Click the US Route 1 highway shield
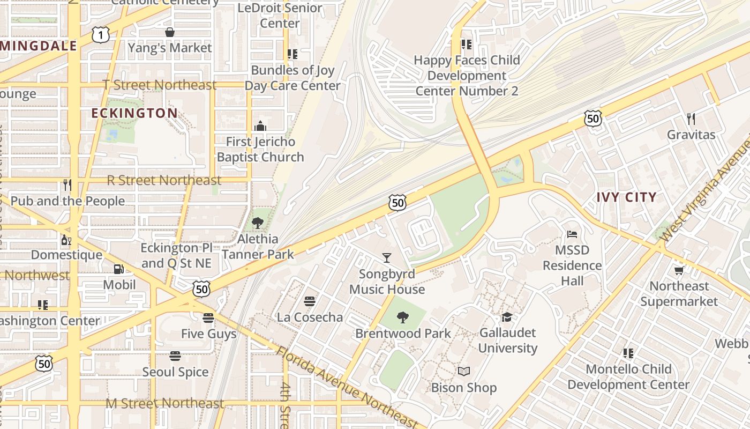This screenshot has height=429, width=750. [100, 35]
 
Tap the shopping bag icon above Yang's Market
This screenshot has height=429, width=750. [170, 32]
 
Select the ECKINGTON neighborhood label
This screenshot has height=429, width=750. [134, 113]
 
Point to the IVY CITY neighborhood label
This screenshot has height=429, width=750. [626, 197]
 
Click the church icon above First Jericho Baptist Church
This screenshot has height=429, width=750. [260, 126]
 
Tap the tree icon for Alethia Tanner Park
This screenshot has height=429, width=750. [258, 223]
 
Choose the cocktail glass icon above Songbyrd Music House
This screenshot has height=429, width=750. [387, 258]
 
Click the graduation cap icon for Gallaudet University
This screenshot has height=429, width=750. [507, 317]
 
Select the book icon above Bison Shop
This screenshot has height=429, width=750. [464, 372]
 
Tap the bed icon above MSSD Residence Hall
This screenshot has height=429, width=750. [572, 234]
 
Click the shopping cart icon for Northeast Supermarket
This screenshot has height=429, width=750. [679, 270]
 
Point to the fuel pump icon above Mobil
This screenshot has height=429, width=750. [119, 269]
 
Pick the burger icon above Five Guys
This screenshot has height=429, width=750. [208, 318]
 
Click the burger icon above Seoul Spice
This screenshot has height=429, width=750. [175, 356]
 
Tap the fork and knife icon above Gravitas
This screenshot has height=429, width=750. [691, 119]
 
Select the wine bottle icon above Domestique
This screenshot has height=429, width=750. [66, 239]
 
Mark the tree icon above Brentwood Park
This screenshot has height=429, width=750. [403, 317]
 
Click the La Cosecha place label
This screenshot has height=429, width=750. [310, 317]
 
